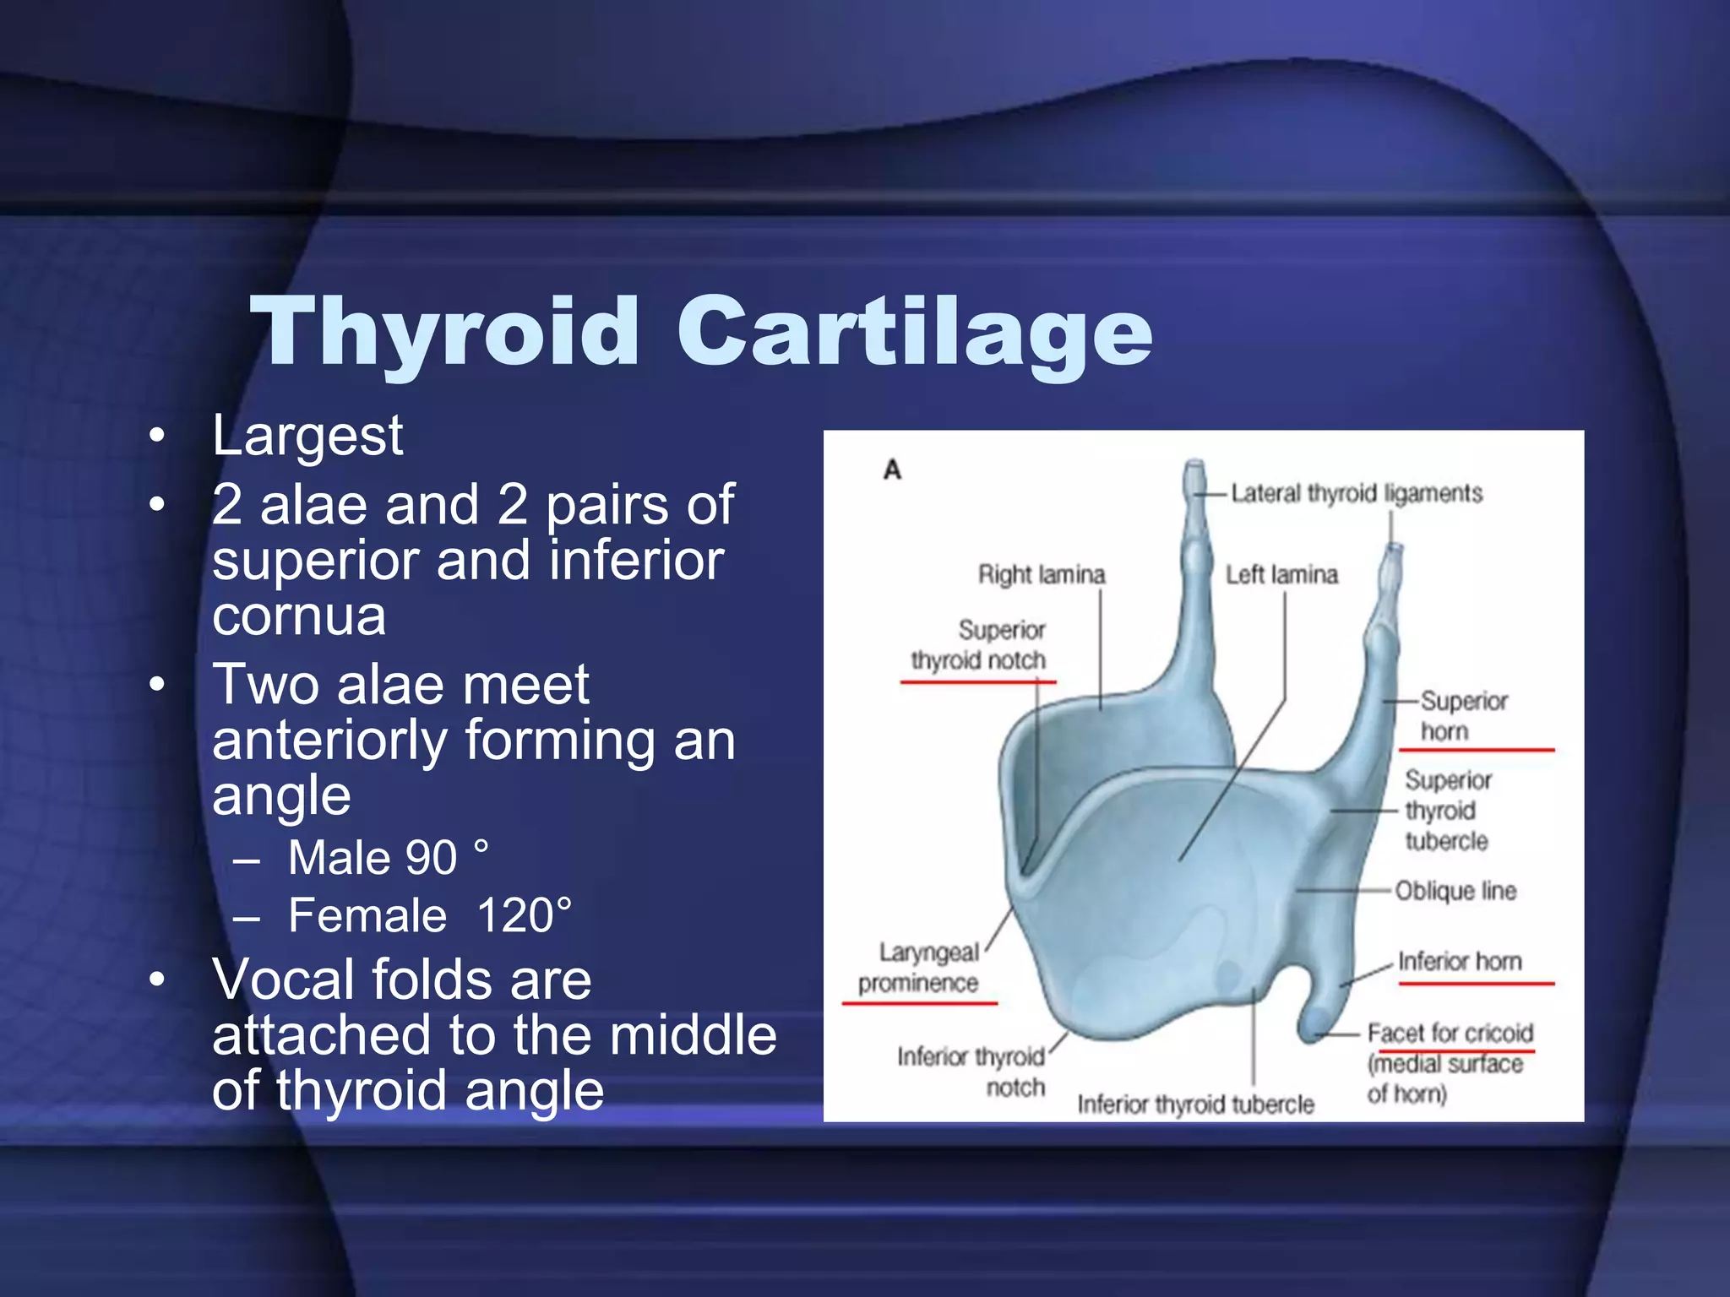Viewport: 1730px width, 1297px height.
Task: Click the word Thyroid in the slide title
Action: point(444,333)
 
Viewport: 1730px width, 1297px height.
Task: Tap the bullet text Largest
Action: point(307,437)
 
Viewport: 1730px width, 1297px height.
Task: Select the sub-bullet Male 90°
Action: point(388,858)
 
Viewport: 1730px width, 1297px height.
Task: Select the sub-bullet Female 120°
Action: point(429,915)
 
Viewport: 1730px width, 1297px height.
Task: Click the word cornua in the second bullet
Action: point(299,616)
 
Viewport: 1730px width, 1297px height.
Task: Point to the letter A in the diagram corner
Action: point(892,469)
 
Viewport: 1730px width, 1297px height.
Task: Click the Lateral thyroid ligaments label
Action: point(1356,493)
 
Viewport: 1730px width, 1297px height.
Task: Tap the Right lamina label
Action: point(1042,575)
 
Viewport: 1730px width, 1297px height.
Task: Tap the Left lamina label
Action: point(1281,575)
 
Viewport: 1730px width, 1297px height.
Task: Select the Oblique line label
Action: point(1455,891)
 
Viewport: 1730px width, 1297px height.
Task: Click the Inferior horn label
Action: point(1459,962)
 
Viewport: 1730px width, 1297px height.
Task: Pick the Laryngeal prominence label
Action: point(919,969)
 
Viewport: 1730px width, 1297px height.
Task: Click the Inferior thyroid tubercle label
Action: point(1195,1104)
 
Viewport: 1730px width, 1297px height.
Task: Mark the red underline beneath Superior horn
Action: point(1476,750)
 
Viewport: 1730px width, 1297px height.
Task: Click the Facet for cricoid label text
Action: point(1450,1034)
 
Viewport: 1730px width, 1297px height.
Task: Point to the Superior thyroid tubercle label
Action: point(1447,811)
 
